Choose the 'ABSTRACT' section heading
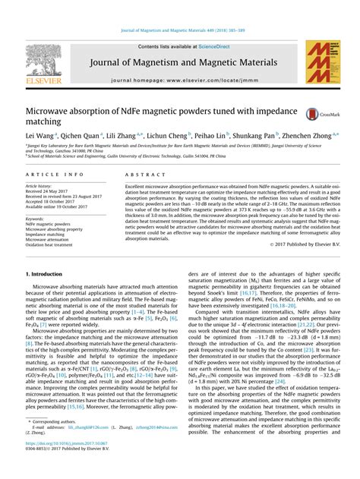point(140,174)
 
